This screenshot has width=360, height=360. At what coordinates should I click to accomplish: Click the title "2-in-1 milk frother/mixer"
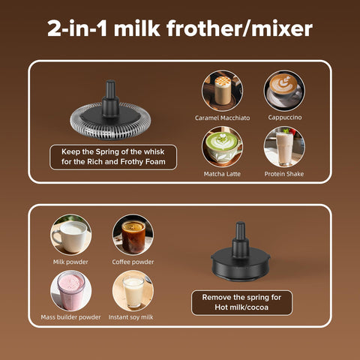[x=180, y=29]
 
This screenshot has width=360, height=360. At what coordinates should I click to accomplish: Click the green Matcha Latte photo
[x=221, y=146]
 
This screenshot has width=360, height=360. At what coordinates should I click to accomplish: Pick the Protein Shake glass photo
[x=283, y=146]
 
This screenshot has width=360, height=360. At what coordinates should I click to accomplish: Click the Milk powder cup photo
[x=71, y=234]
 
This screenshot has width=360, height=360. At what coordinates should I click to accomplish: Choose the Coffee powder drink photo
[x=133, y=234]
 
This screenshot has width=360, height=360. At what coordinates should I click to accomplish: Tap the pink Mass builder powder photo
[x=71, y=290]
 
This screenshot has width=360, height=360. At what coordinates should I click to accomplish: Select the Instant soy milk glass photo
[x=133, y=290]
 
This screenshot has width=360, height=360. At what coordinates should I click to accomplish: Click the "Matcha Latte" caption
[x=221, y=173]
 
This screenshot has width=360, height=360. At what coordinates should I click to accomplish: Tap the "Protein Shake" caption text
[x=283, y=173]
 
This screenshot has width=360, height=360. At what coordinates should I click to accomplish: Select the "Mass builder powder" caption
[x=71, y=317]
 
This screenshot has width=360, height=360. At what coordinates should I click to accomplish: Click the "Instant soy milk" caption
[x=133, y=317]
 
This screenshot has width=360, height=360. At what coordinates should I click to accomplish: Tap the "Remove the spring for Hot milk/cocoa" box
[x=241, y=302]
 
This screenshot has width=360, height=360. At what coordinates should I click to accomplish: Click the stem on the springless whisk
[x=240, y=235]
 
